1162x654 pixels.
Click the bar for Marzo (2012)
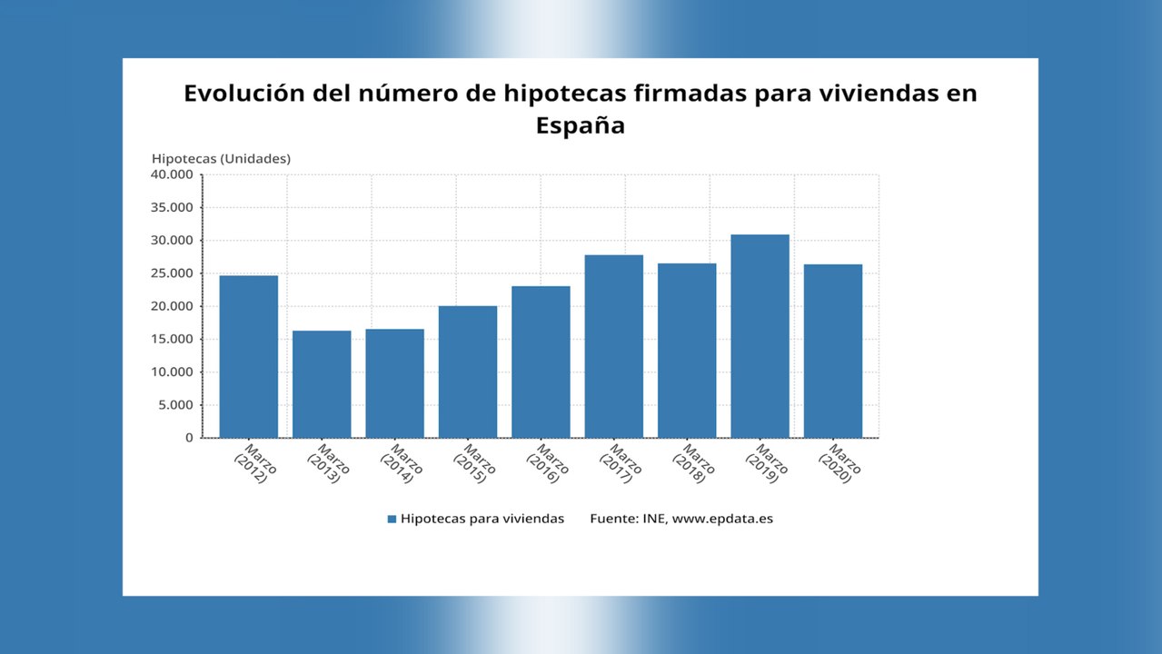pos(249,356)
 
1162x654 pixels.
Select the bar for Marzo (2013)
pos(322,383)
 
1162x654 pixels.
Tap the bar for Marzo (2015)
pos(468,372)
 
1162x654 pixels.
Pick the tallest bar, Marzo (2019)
pos(760,336)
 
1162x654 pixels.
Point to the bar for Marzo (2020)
pos(833,351)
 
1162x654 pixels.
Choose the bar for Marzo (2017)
pos(614,346)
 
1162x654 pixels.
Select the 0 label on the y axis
pos(189,438)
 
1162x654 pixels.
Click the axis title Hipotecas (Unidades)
pos(221,159)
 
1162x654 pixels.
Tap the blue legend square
pos(392,519)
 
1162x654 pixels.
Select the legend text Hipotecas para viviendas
pos(482,519)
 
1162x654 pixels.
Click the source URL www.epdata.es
pos(722,519)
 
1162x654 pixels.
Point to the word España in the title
pos(580,125)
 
